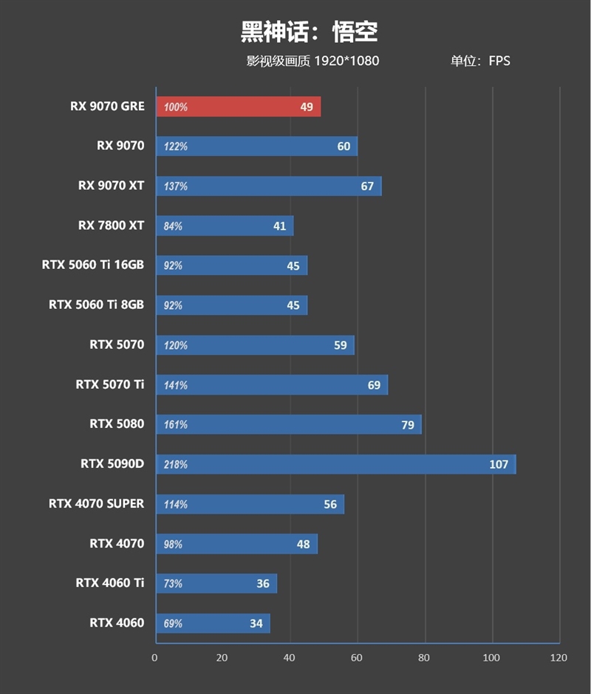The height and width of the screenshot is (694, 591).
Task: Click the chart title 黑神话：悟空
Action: pos(309,32)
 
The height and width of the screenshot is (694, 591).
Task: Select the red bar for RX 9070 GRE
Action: pos(238,106)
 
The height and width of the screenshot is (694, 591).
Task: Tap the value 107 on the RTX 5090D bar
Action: pos(499,464)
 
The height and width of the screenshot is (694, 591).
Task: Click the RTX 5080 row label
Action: pos(117,424)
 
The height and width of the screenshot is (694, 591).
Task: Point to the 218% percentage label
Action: pos(176,465)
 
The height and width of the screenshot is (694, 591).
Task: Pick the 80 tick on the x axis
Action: pos(424,658)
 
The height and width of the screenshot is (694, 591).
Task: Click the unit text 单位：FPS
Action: pos(480,61)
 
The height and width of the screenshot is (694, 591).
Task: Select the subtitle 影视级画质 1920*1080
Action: pos(312,61)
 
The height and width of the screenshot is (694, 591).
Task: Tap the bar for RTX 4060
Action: pos(213,623)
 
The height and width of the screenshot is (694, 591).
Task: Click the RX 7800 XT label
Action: pos(111,225)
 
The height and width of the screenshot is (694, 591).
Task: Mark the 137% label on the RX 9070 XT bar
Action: pos(176,186)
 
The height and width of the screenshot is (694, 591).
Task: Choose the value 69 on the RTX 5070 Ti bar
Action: pos(374,385)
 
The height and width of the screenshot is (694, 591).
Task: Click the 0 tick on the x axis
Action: pos(155,658)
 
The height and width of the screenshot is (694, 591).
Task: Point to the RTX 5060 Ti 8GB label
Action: pos(96,305)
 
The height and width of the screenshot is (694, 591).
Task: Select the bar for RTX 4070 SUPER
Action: pos(250,504)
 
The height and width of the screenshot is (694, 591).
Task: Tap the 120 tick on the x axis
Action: pos(558,658)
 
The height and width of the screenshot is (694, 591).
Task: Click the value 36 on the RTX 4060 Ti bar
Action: pos(263,584)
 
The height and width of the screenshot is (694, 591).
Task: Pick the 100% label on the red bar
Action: pos(176,107)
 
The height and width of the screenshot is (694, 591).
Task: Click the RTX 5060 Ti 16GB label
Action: pos(93,265)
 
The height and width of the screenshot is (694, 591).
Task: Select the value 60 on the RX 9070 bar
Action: pos(344,146)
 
